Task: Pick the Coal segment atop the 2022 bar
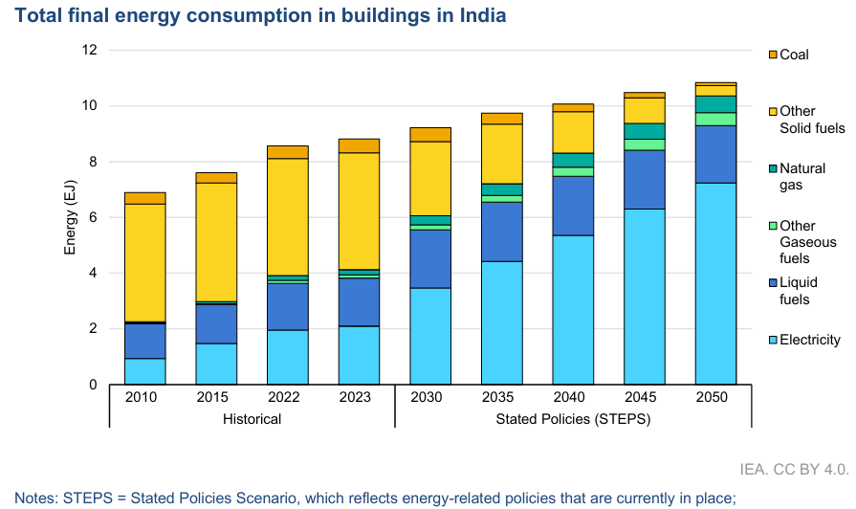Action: [x=288, y=152]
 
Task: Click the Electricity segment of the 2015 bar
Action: [x=216, y=364]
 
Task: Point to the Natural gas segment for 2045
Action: [x=644, y=131]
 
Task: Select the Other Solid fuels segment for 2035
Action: [x=501, y=154]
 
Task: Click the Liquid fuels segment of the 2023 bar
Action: [x=359, y=302]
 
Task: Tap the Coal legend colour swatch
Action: [x=774, y=55]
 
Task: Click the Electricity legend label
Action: [x=810, y=340]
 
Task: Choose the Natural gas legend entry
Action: [x=802, y=177]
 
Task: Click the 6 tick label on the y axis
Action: [x=93, y=217]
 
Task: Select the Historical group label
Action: [x=252, y=419]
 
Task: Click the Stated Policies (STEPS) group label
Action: [x=572, y=419]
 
